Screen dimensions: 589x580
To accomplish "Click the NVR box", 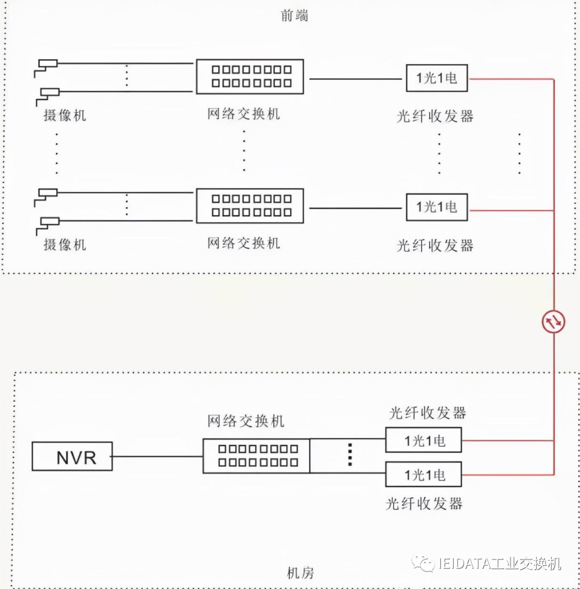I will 72,456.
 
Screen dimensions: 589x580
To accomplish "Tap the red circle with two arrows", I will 553,322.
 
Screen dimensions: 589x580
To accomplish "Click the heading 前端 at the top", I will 295,15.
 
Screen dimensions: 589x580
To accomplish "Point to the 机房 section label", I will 300,573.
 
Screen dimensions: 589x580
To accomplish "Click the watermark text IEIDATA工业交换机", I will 499,564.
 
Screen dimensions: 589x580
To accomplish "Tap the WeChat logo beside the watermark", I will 424,563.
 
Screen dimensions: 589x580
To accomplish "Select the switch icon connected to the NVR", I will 256,456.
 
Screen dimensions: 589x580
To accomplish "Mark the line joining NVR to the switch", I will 157,456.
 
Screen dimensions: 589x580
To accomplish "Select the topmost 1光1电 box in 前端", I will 437,78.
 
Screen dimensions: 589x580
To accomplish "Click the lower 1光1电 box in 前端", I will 437,207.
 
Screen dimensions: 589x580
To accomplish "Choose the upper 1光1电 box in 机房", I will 424,441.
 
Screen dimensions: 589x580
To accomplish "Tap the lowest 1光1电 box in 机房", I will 424,475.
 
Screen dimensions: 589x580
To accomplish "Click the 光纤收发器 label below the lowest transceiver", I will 424,504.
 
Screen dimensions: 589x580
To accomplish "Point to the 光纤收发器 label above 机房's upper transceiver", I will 427,412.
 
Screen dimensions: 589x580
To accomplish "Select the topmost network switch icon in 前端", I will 250,76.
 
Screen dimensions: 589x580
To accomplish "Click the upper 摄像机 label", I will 64,115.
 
